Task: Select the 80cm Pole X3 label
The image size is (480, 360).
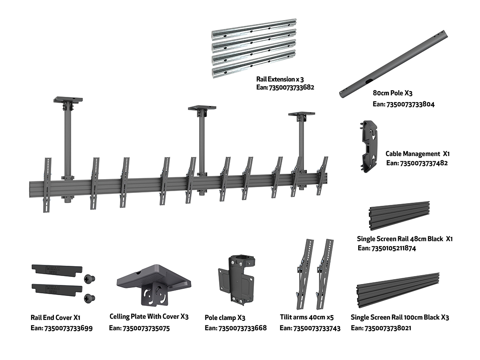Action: [393, 94]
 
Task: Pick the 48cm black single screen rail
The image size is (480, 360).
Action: [400, 215]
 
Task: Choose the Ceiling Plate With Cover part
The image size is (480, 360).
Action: [153, 283]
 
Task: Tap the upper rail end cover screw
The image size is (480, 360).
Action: [89, 279]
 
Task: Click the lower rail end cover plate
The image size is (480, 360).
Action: [57, 288]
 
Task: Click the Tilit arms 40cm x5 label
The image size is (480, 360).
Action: [307, 318]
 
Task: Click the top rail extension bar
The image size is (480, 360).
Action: [254, 29]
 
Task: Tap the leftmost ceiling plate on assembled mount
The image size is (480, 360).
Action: [68, 100]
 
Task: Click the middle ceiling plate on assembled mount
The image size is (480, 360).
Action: [202, 108]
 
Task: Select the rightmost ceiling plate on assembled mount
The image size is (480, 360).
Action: [301, 114]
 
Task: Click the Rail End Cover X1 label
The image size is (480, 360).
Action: [55, 318]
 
